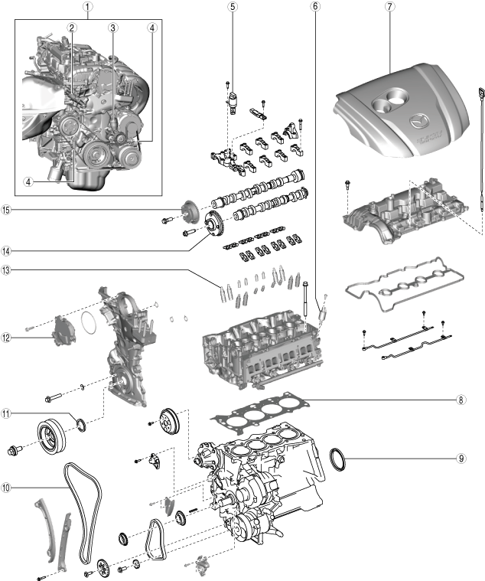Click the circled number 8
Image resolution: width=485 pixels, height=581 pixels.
(461, 400)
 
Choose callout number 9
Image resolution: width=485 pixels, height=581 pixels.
(461, 459)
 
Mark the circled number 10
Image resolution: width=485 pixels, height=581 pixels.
(7, 487)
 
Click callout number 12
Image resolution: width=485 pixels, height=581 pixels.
(7, 337)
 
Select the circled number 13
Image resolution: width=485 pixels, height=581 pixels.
(7, 269)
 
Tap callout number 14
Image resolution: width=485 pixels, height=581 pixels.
(7, 250)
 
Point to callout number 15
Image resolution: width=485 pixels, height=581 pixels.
(7, 210)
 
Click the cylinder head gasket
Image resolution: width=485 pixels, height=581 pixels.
(264, 413)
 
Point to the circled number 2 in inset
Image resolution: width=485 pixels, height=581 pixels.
(71, 28)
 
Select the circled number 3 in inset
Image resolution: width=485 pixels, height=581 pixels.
(112, 28)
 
